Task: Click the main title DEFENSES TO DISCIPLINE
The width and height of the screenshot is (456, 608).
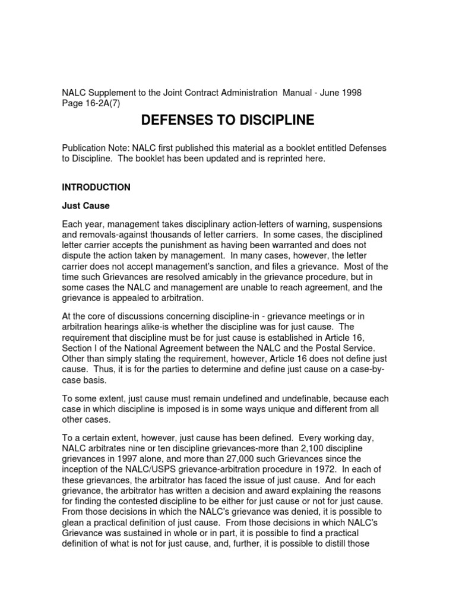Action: pos(227,121)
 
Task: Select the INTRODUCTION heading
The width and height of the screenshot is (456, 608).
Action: pos(96,187)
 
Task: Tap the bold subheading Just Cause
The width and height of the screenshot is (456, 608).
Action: pos(87,206)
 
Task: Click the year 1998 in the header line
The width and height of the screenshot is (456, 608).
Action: pos(350,93)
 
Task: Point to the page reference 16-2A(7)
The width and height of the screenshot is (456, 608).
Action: pos(103,103)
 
